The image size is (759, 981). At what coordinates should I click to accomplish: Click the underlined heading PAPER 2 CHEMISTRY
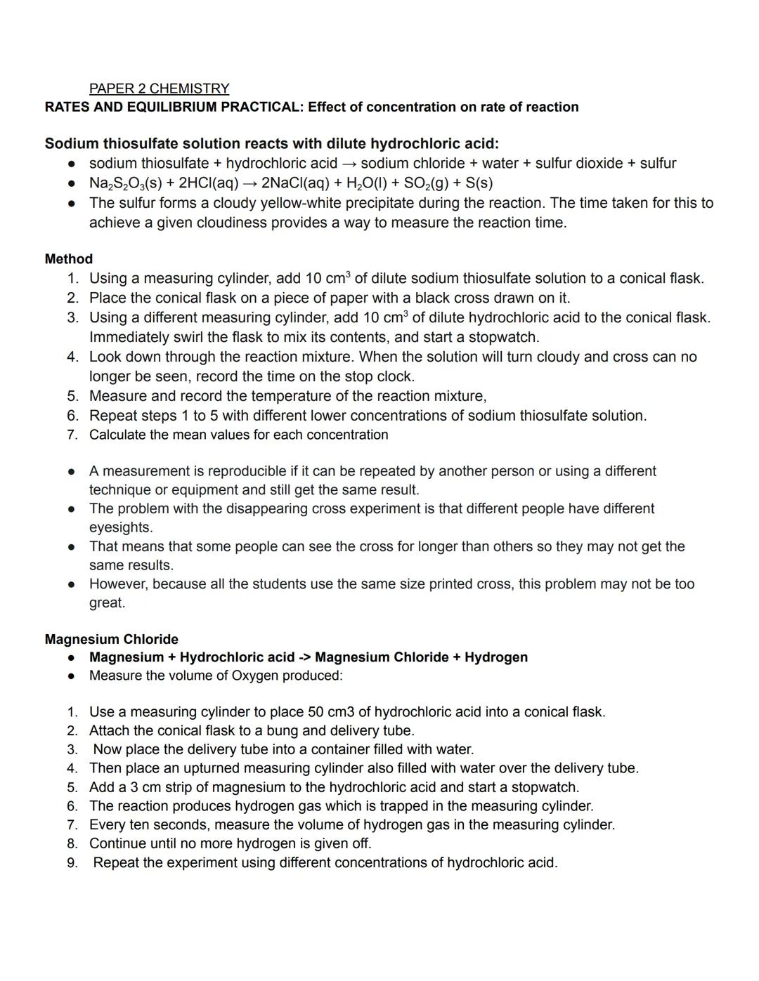(159, 88)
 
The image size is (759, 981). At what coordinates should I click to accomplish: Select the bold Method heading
(68, 258)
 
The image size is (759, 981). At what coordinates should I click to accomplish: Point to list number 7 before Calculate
(72, 435)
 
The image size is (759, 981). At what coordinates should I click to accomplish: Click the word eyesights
(119, 527)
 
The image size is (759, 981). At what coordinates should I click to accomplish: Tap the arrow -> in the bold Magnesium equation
(304, 657)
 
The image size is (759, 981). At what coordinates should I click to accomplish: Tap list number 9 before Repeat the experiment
(72, 862)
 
